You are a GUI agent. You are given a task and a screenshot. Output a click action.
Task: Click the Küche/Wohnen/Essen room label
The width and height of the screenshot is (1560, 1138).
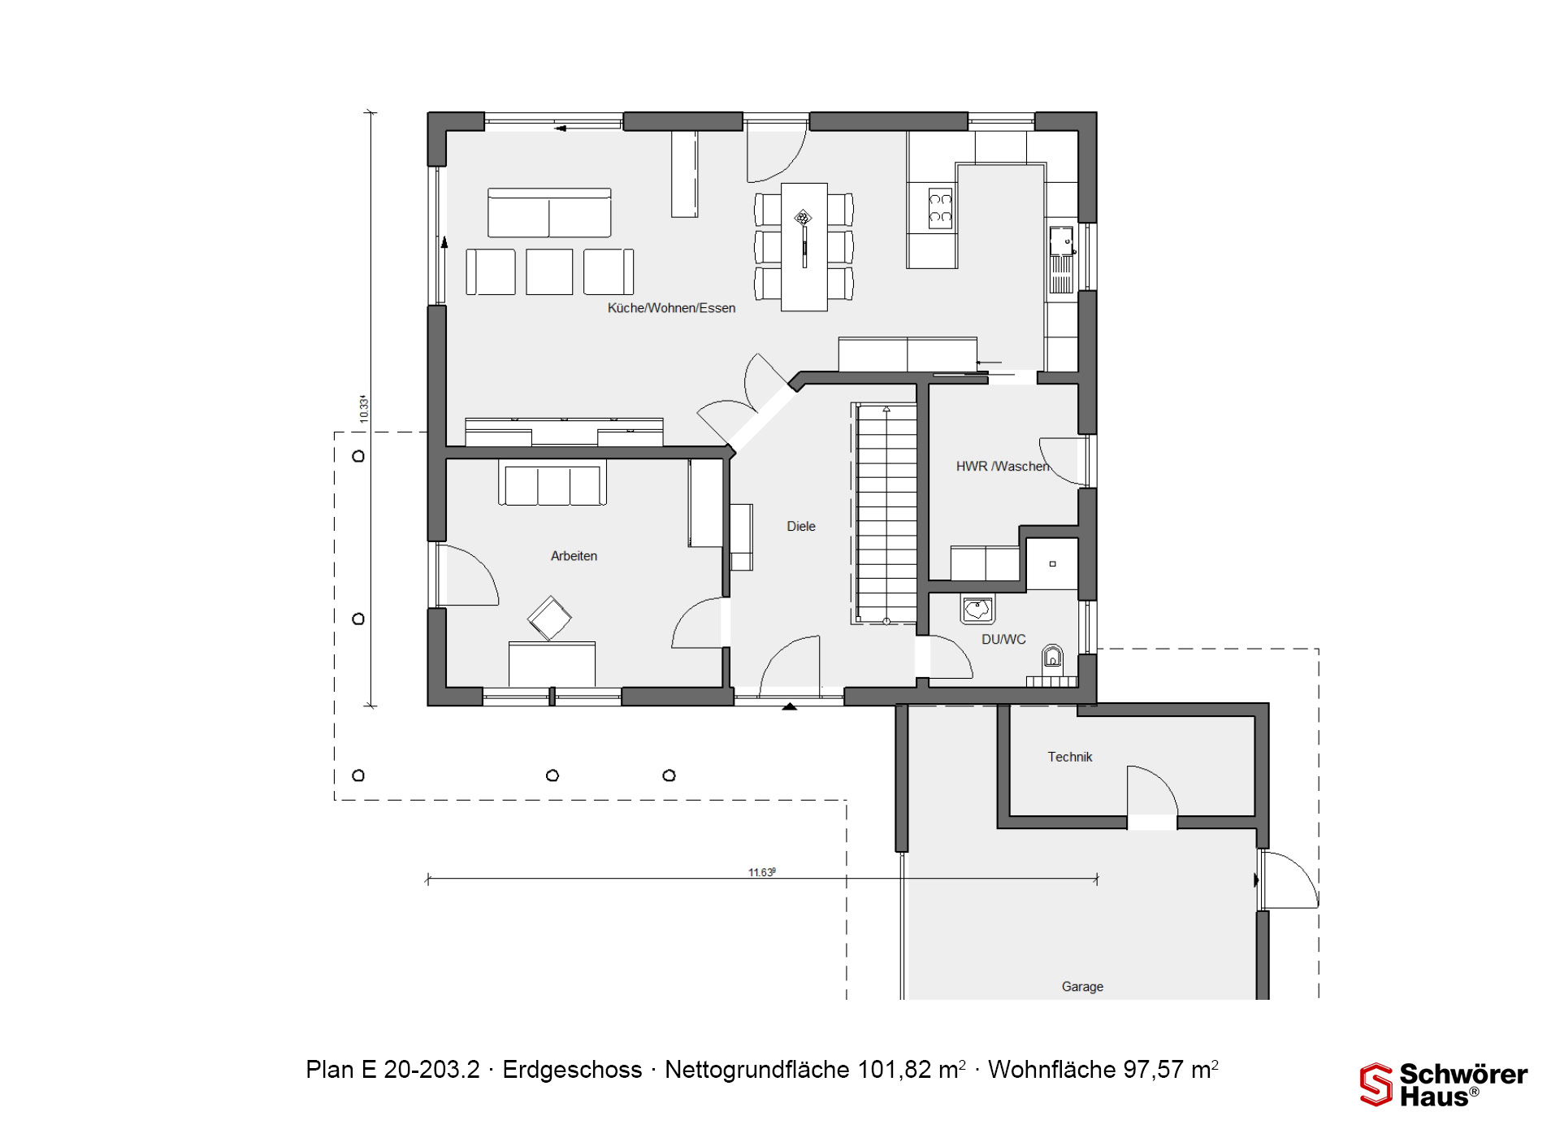tap(671, 308)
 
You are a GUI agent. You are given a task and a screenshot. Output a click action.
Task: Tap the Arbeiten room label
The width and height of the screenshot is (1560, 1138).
tap(574, 556)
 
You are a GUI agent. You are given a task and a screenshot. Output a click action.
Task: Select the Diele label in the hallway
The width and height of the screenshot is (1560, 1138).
tap(801, 526)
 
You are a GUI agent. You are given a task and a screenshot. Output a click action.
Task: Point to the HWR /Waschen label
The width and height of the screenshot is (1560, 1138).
tap(1003, 467)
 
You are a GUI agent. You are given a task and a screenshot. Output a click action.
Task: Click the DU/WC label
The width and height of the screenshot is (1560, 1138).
tap(1003, 640)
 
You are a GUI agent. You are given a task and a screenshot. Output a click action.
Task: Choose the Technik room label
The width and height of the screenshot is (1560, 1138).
tap(1070, 757)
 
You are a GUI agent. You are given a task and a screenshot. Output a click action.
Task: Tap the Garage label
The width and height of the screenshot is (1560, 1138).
tap(1082, 987)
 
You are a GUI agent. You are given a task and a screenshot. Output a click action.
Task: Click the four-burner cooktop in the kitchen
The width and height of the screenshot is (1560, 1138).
tap(940, 208)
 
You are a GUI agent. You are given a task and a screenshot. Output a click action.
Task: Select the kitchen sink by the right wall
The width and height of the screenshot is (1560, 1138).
tap(1061, 259)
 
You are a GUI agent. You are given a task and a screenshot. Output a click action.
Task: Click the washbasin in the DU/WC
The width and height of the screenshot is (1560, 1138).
tap(977, 609)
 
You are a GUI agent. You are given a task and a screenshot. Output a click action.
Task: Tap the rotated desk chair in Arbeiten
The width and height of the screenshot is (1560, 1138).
tap(549, 619)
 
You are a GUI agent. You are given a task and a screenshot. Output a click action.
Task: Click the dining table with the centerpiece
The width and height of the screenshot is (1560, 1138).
tap(804, 247)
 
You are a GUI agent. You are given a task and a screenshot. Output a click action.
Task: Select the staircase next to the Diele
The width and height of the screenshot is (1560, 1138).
tap(884, 514)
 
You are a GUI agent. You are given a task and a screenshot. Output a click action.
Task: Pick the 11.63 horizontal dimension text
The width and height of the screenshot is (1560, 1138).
tap(762, 872)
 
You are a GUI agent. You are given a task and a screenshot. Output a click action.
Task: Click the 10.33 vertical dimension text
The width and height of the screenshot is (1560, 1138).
tap(363, 408)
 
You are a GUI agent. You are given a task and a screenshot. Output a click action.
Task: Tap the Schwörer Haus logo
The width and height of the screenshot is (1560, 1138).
tap(1444, 1085)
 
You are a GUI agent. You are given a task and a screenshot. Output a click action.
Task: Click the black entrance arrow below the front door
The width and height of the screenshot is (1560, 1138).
tap(789, 707)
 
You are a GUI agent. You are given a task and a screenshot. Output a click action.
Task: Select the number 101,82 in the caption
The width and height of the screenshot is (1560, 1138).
tap(895, 1070)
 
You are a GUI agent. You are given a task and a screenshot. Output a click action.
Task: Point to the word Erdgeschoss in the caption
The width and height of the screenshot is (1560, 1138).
tap(572, 1071)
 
